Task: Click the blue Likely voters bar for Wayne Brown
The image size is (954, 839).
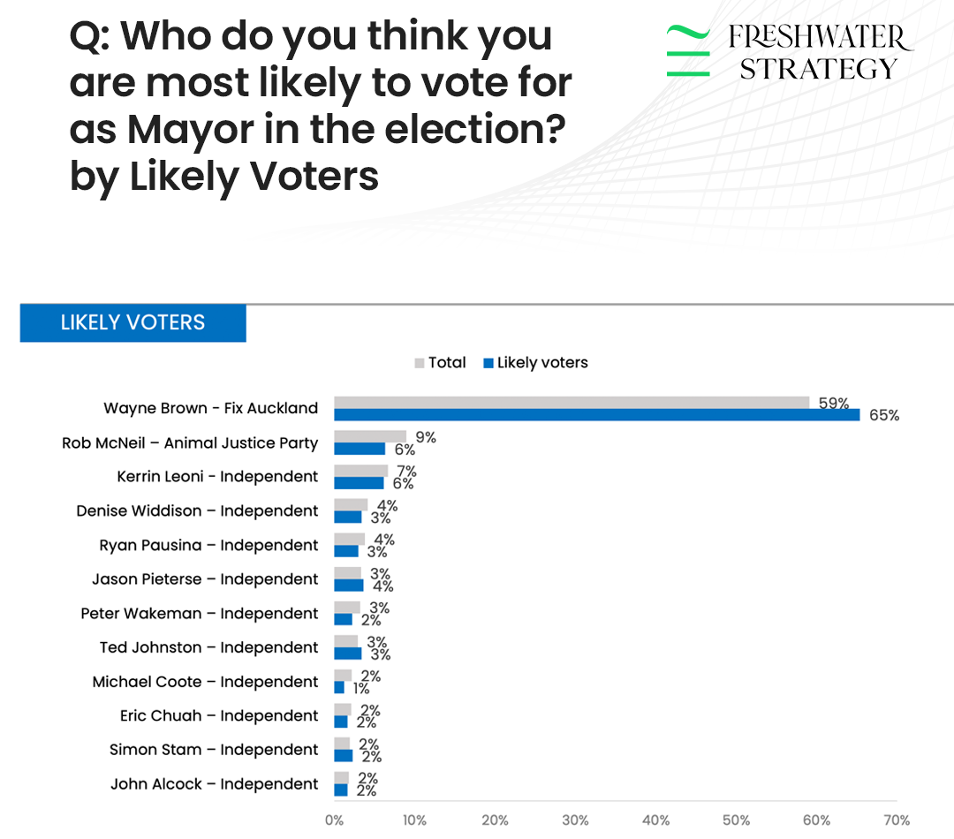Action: pyautogui.click(x=596, y=415)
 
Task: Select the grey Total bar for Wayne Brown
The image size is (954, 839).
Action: pyautogui.click(x=572, y=403)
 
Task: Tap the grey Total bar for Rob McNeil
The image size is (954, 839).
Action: pyautogui.click(x=370, y=436)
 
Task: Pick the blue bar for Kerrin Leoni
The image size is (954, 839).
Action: pyautogui.click(x=359, y=483)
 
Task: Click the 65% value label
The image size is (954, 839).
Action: pyautogui.click(x=884, y=415)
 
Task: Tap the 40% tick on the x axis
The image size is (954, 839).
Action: pyautogui.click(x=656, y=820)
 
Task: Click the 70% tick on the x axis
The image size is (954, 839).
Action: pyautogui.click(x=897, y=820)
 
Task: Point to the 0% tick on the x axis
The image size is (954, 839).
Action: pyautogui.click(x=335, y=820)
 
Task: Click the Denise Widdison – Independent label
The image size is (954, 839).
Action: pyautogui.click(x=197, y=510)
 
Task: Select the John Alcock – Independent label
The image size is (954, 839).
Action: pyautogui.click(x=214, y=783)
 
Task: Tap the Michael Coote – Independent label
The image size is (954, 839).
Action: pyautogui.click(x=205, y=682)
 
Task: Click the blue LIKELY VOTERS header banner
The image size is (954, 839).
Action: pyautogui.click(x=132, y=323)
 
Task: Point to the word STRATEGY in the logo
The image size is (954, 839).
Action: pyautogui.click(x=818, y=69)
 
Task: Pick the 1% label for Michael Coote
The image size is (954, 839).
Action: pyautogui.click(x=360, y=688)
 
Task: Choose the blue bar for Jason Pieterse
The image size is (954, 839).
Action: pyautogui.click(x=349, y=585)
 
